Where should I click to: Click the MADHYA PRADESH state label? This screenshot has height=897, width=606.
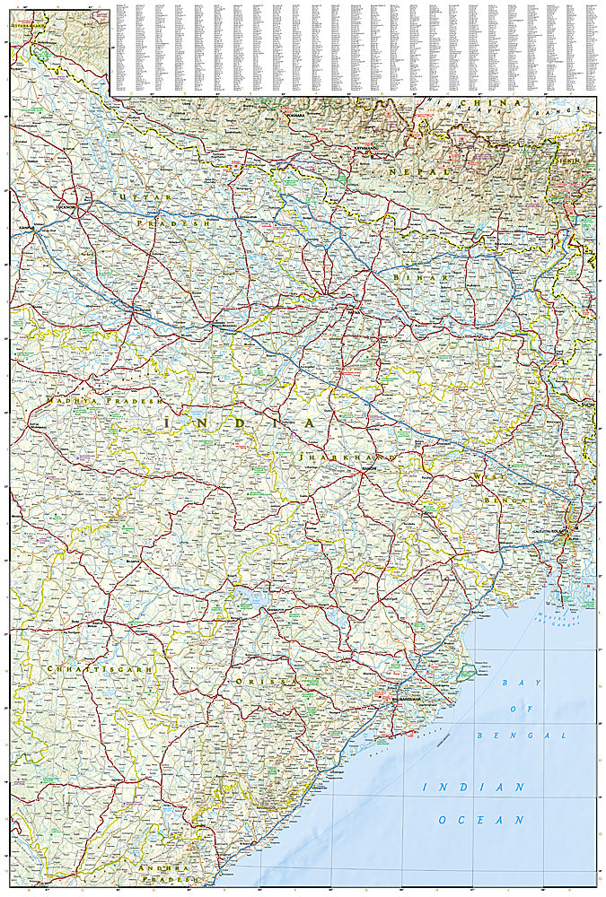101,401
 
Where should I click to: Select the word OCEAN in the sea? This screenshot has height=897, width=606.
480,820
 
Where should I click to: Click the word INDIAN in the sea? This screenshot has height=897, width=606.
473,787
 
